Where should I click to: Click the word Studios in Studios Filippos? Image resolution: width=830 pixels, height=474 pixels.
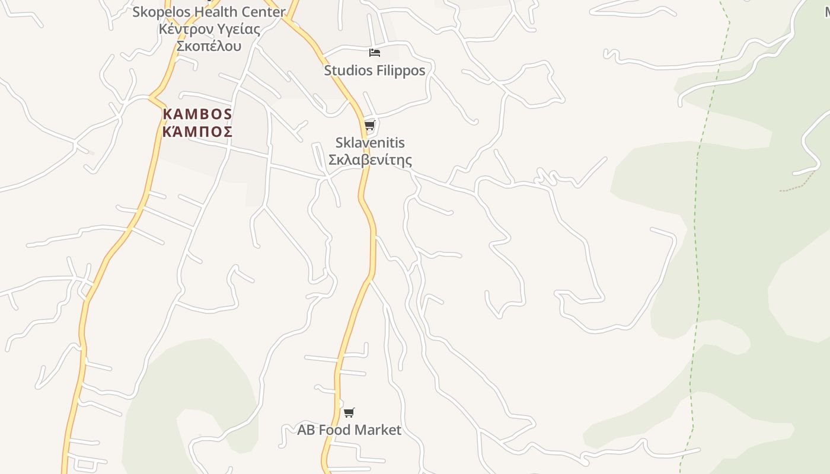[x=347, y=71]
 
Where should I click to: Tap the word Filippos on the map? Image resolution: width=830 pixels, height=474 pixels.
[x=400, y=71]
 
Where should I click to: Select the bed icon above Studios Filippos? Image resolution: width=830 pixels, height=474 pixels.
[x=374, y=53]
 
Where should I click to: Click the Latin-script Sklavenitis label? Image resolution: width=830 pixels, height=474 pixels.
[x=370, y=143]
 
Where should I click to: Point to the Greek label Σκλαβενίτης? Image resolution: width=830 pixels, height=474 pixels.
[x=370, y=160]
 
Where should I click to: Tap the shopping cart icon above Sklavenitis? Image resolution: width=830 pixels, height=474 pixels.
[x=370, y=126]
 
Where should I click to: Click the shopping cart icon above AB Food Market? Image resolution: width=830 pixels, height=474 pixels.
[x=349, y=412]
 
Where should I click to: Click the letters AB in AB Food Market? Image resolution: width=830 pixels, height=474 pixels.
[x=306, y=430]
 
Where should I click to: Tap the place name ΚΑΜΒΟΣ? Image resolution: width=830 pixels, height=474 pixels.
[x=197, y=114]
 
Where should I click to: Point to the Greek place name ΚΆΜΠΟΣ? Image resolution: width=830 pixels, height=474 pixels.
[x=197, y=132]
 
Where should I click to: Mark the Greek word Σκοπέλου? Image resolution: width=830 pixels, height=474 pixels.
[x=209, y=46]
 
